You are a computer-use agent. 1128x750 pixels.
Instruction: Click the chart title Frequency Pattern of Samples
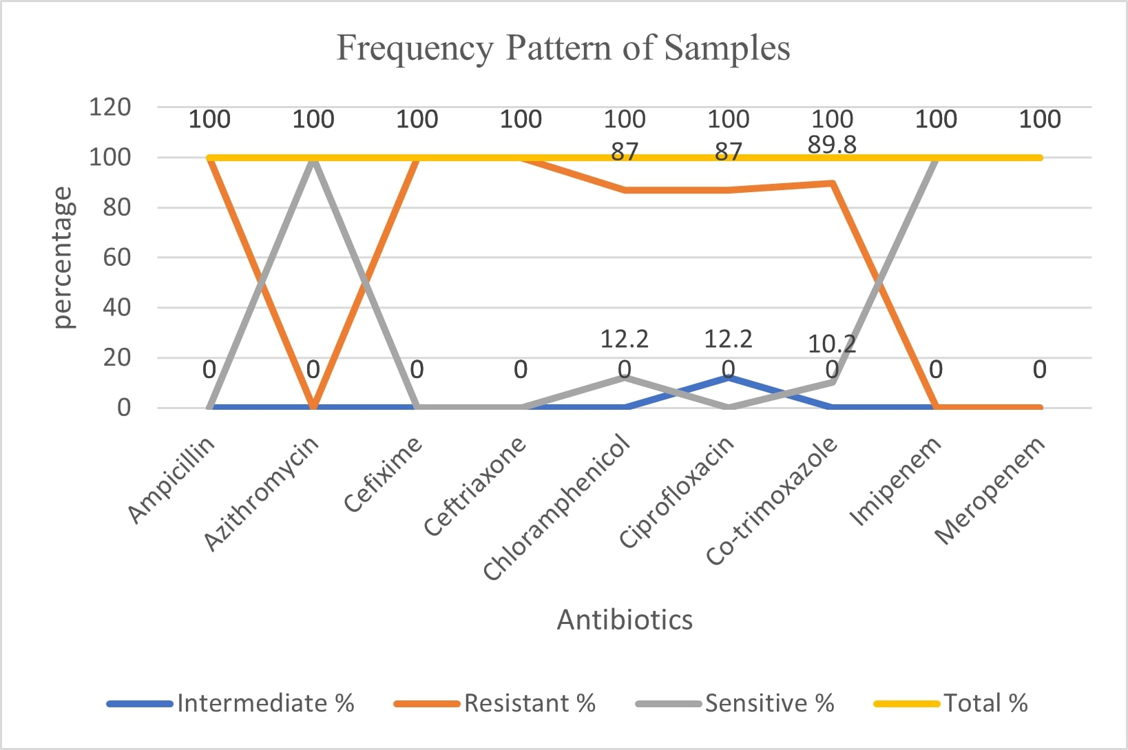(x=563, y=48)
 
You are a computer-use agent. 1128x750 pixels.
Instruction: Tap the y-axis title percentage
(x=63, y=258)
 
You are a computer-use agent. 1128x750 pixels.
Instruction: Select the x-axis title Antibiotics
(x=625, y=620)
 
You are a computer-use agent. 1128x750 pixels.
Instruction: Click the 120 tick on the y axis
(x=109, y=107)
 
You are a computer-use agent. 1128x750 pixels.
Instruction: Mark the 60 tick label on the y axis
(x=116, y=258)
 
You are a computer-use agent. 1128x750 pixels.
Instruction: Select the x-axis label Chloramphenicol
(x=556, y=508)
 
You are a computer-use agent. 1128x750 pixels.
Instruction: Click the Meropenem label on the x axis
(x=990, y=490)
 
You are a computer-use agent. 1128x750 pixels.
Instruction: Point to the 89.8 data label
(x=832, y=145)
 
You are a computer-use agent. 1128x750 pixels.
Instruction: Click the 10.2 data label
(x=831, y=343)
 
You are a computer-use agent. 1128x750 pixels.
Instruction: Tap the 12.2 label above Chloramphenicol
(x=624, y=339)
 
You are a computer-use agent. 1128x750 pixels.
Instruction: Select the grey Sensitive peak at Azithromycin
(x=313, y=158)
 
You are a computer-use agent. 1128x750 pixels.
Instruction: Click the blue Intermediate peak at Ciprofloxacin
(x=729, y=377)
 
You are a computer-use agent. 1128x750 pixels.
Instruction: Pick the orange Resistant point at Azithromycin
(x=313, y=406)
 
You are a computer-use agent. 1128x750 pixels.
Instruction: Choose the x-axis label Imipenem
(x=895, y=482)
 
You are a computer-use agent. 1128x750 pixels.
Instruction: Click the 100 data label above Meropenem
(x=1039, y=119)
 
